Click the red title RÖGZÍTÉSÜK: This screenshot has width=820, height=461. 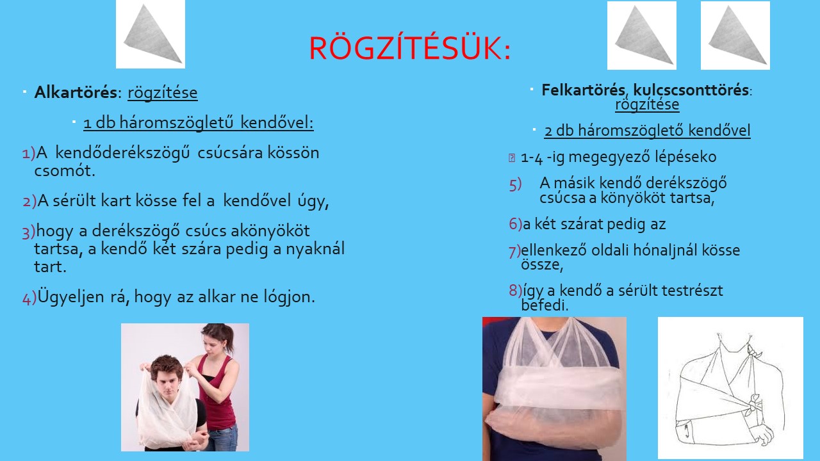coord(410,48)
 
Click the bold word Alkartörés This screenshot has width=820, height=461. coord(76,92)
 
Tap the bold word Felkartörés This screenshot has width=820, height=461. coord(583,90)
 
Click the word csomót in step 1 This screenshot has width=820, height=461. coord(65,170)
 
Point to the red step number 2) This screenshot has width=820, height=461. coord(29,201)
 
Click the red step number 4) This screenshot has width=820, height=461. coord(29,297)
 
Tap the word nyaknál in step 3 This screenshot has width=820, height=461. coord(315,249)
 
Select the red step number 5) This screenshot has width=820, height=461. coord(515,184)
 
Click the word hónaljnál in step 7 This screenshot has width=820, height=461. coord(660,250)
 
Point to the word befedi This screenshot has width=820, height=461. coord(545,305)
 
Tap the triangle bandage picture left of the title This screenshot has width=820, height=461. coord(151,34)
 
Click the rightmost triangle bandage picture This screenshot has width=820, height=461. coord(735,35)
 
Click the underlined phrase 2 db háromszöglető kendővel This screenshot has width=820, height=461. coord(647,131)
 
